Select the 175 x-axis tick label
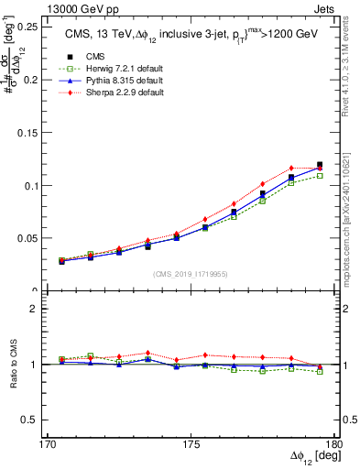[x=191, y=443]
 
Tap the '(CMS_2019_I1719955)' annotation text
[x=191, y=273]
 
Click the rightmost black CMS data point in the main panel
[x=320, y=165]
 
